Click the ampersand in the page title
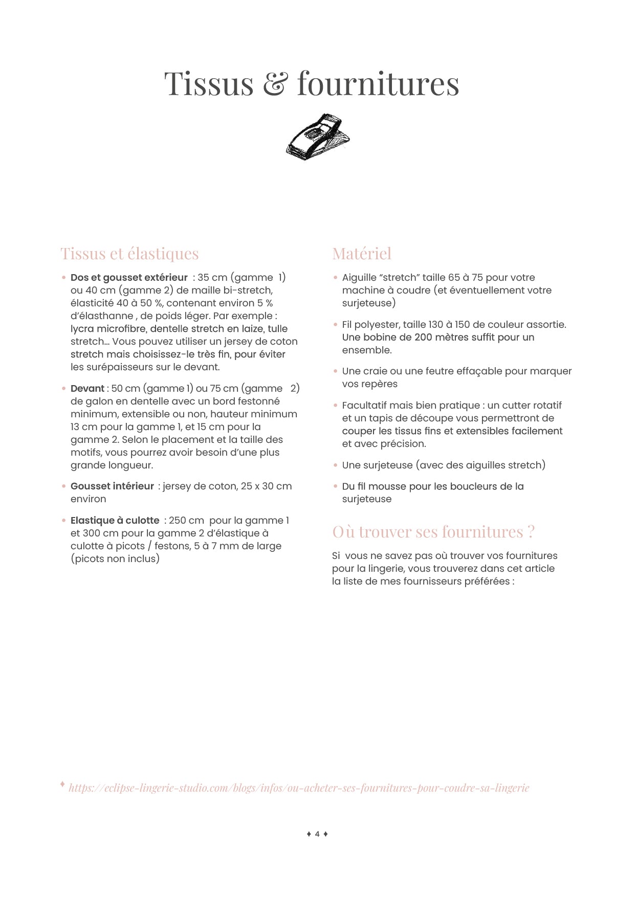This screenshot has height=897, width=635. click(275, 84)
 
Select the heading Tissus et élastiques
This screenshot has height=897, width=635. click(129, 254)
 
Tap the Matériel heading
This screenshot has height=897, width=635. click(361, 254)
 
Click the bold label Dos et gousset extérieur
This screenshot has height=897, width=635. click(129, 278)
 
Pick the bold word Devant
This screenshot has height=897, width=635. click(87, 389)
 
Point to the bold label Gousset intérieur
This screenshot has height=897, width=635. click(112, 486)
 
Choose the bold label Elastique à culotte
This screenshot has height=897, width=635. click(115, 521)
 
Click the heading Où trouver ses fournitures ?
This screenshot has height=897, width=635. click(433, 532)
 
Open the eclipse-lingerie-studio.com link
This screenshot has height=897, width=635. click(299, 788)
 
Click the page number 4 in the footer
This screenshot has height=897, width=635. click(317, 834)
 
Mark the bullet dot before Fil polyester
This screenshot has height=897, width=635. click(336, 325)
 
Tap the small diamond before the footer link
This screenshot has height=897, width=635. click(62, 784)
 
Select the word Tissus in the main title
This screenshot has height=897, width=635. click(209, 84)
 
